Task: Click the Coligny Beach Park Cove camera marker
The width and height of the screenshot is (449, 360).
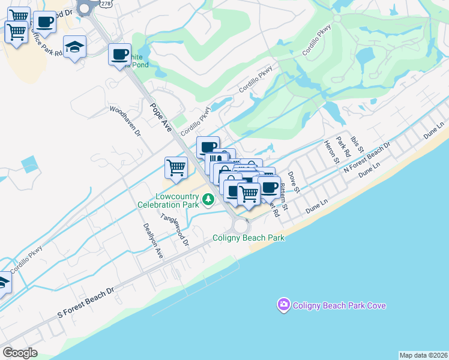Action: click(283, 305)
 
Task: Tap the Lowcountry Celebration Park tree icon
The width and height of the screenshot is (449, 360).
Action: click(208, 199)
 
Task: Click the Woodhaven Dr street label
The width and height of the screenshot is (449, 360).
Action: click(125, 121)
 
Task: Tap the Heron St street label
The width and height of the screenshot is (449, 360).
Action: click(332, 150)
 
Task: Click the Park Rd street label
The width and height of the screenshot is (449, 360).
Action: click(343, 148)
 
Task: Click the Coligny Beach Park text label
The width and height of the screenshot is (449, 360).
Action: click(249, 238)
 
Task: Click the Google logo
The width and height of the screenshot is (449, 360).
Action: click(20, 353)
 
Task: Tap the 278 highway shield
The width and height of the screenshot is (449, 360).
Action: click(106, 4)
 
